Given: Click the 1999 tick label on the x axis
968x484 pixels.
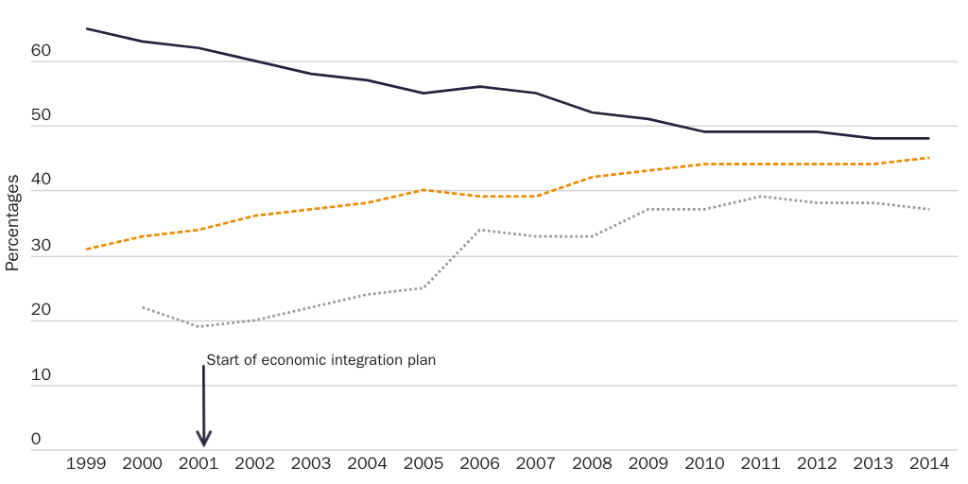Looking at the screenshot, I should [x=86, y=464].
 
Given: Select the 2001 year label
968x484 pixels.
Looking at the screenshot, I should [x=199, y=464].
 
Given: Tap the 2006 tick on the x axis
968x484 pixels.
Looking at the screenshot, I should [x=479, y=464].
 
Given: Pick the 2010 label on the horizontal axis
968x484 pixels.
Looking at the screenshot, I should [x=704, y=464].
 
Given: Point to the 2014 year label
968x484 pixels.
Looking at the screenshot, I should [x=928, y=464].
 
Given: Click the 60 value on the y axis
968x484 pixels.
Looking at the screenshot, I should [x=40, y=52].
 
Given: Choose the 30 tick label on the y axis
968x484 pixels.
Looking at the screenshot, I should [x=40, y=246].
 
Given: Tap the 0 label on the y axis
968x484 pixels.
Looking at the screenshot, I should [x=37, y=440].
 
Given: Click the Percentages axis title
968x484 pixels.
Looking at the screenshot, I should [x=12, y=223].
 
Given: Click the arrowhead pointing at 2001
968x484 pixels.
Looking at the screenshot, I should [x=203, y=439].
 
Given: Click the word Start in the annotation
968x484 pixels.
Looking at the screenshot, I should [x=221, y=360].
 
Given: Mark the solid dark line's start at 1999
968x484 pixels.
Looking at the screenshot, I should [x=86, y=28].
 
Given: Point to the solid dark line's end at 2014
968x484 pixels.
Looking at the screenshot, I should [x=928, y=138].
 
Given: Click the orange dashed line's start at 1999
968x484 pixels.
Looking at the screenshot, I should [x=86, y=249].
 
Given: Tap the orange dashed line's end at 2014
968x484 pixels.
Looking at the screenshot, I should [x=928, y=158].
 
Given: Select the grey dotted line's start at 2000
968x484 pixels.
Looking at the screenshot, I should [x=143, y=307].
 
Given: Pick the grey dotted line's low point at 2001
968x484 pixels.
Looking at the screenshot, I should [x=199, y=326].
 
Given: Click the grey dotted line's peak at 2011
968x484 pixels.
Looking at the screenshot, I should [x=760, y=197].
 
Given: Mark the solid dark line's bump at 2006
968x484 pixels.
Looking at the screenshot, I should [x=479, y=86].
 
